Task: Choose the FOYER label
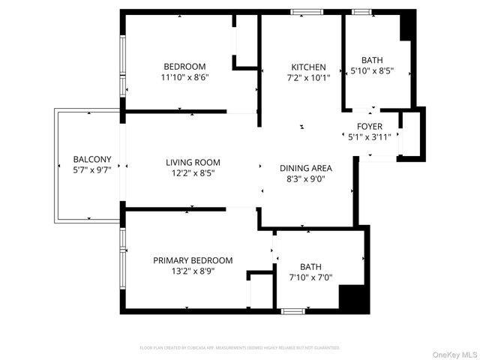pyautogui.click(x=370, y=126)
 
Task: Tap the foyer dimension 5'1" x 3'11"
pyautogui.click(x=370, y=136)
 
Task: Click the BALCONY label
pyautogui.click(x=92, y=159)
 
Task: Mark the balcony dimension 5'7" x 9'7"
pyautogui.click(x=92, y=169)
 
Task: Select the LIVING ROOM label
pyautogui.click(x=193, y=162)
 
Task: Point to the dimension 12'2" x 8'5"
pyautogui.click(x=193, y=172)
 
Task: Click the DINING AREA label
pyautogui.click(x=305, y=168)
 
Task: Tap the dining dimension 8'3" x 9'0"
pyautogui.click(x=305, y=178)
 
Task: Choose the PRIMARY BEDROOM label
pyautogui.click(x=193, y=260)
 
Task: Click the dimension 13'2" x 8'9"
pyautogui.click(x=193, y=271)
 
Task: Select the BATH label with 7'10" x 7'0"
pyautogui.click(x=310, y=266)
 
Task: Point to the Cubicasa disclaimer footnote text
pyautogui.click(x=240, y=348)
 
